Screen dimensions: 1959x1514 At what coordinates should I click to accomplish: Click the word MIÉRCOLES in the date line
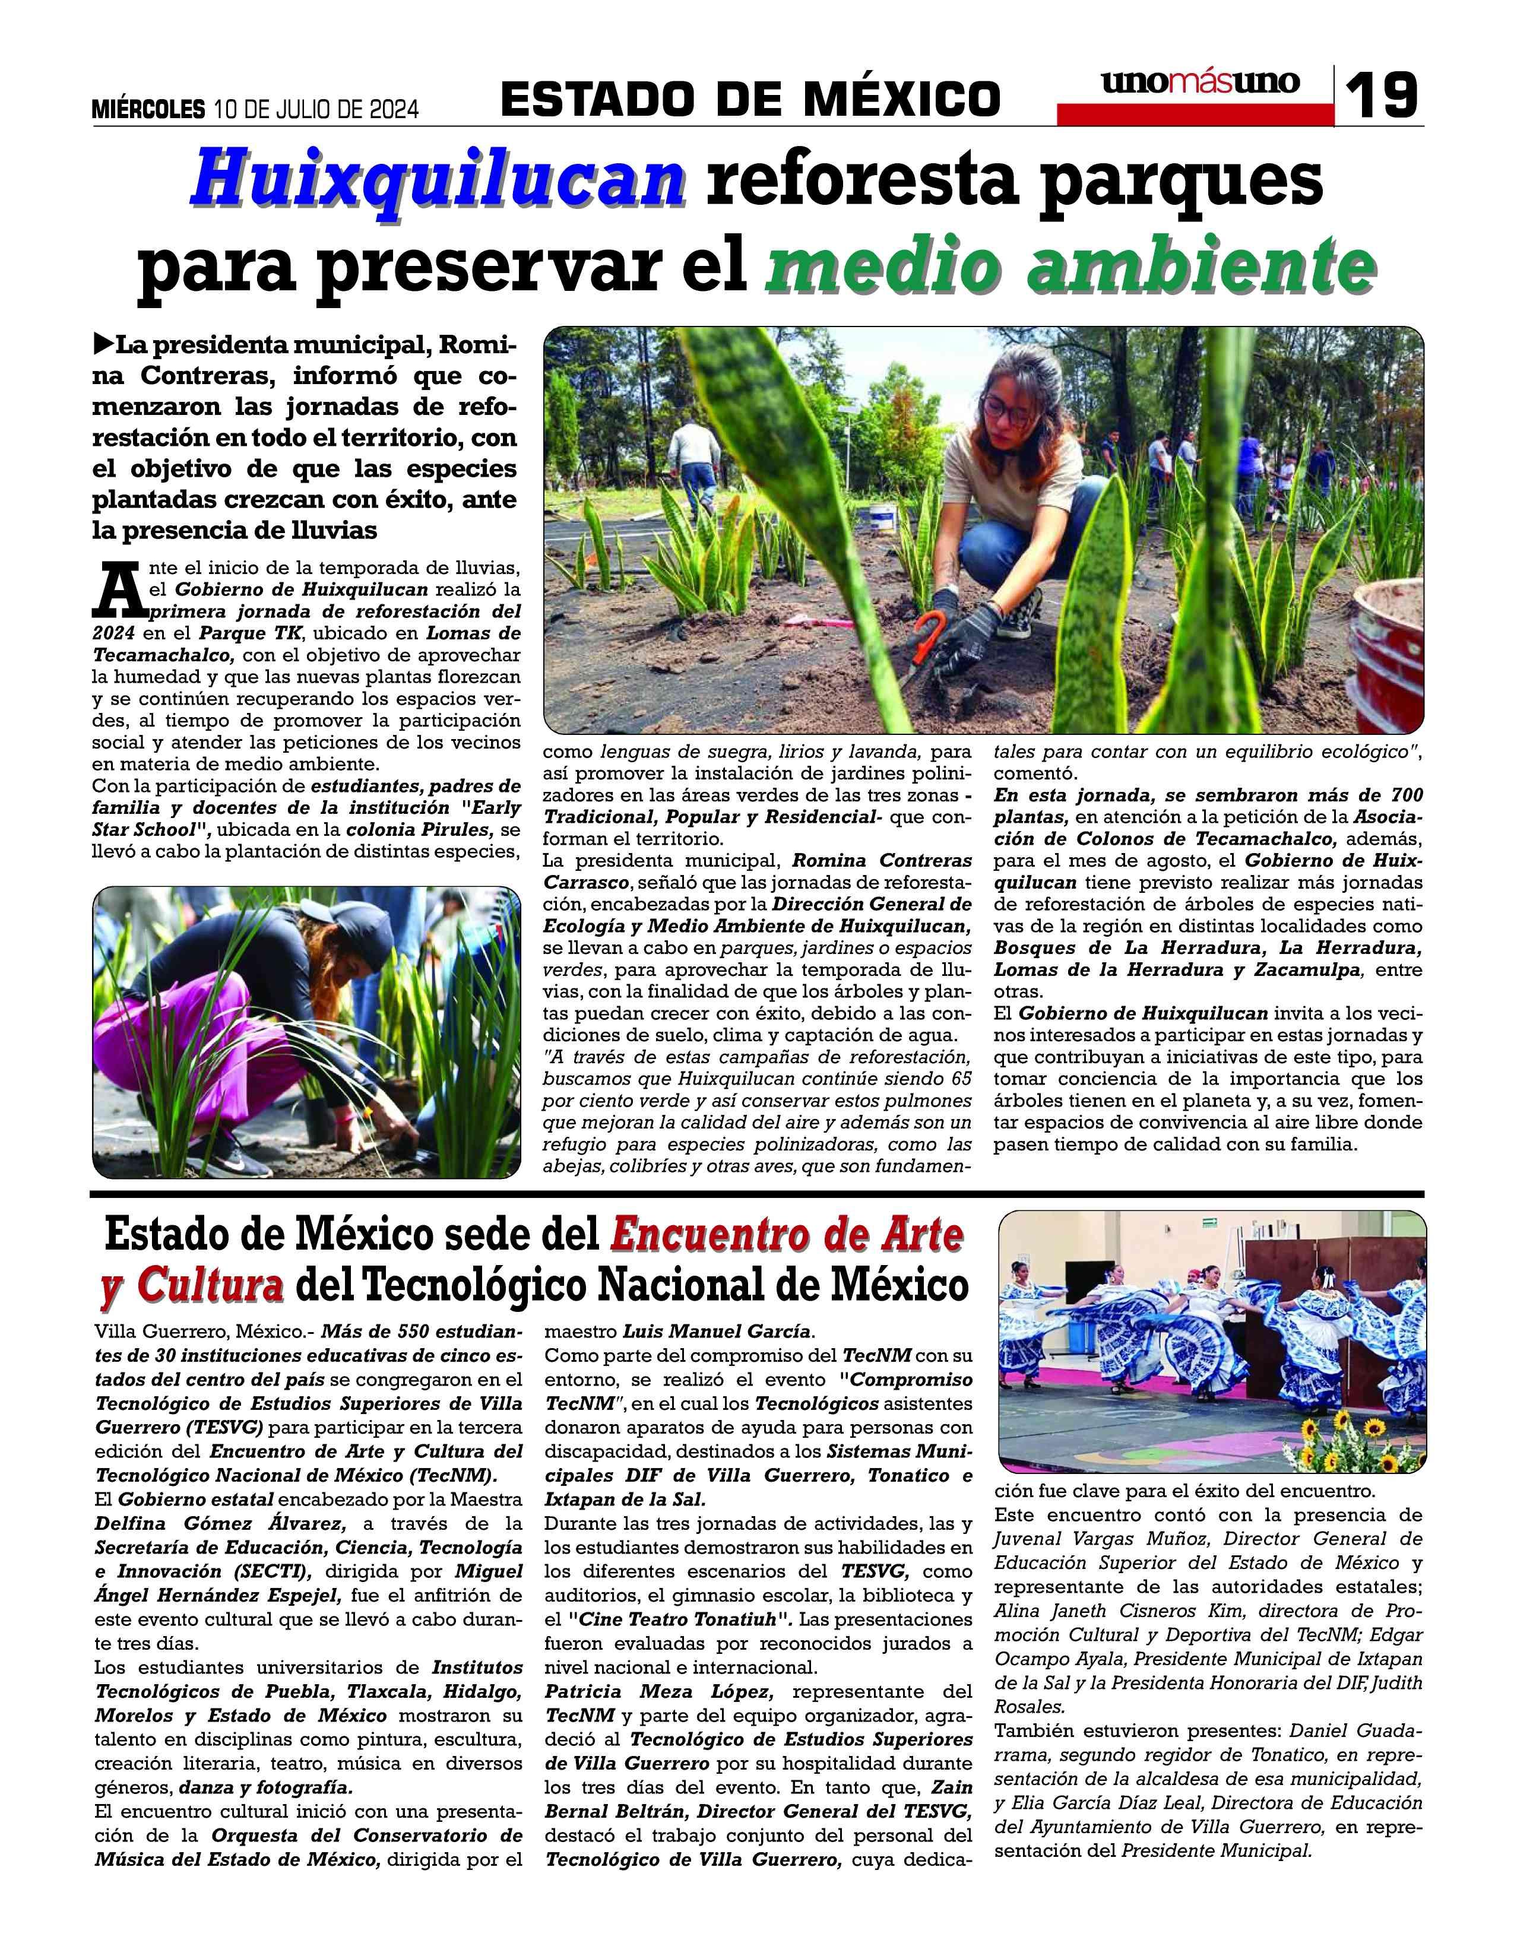tap(148, 109)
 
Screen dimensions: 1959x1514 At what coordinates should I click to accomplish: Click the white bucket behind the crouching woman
tap(882, 518)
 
